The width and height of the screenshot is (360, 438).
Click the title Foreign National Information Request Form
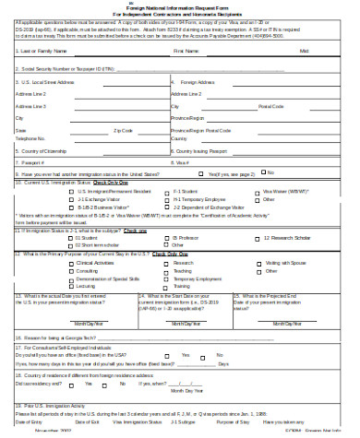pos(181,7)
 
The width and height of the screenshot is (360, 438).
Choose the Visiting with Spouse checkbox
pos(254,264)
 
